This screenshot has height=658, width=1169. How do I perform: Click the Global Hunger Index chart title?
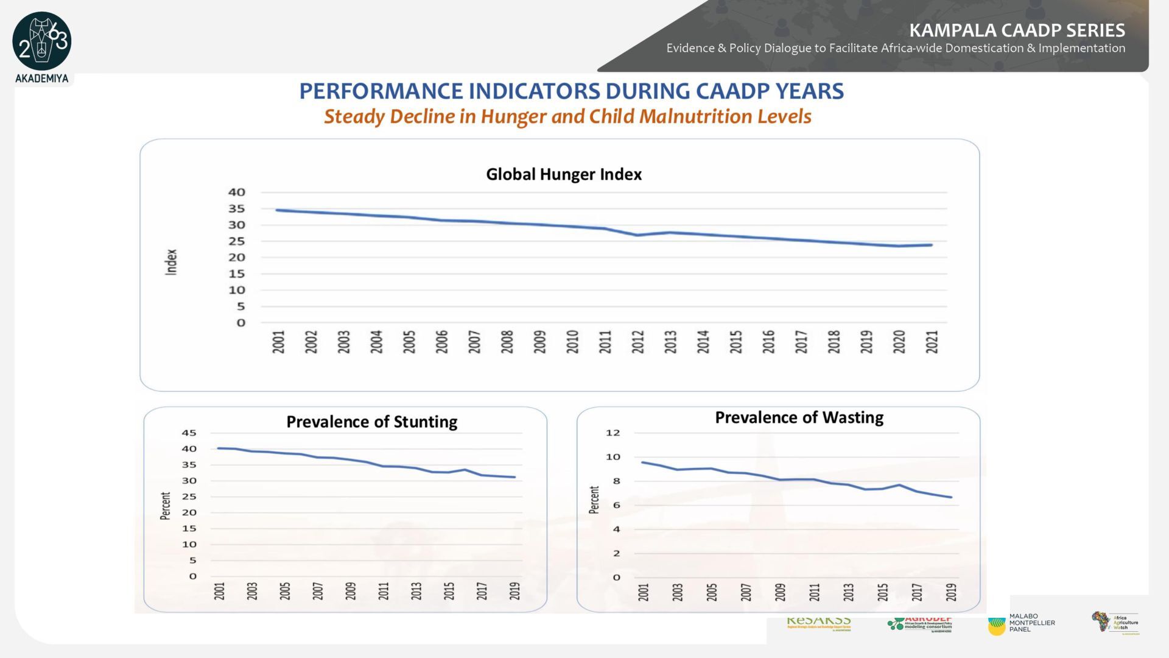[563, 174]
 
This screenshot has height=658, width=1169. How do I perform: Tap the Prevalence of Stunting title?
[371, 422]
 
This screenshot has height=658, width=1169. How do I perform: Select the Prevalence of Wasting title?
[799, 417]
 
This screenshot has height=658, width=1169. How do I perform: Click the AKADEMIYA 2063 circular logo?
[42, 41]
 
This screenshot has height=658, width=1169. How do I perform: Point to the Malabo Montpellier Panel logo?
[1021, 623]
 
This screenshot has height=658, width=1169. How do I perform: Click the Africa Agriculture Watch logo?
[1114, 622]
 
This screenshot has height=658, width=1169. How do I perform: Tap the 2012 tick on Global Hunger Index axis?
[637, 342]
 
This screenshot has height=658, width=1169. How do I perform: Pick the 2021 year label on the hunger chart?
[932, 342]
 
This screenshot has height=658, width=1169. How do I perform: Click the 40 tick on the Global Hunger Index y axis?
[237, 192]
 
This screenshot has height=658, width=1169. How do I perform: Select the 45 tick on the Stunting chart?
[189, 433]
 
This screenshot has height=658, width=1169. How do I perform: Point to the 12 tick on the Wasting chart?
[613, 433]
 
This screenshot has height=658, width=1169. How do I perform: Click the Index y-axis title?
[171, 262]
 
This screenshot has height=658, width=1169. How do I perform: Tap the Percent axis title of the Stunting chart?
[165, 506]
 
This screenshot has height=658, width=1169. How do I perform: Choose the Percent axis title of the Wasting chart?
[594, 500]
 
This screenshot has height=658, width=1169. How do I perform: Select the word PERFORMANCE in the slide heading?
[381, 91]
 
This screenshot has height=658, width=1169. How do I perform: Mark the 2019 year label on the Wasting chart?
[951, 592]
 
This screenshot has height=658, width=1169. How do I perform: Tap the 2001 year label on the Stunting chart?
[220, 591]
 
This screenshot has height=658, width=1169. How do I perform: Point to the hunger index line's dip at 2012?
[637, 235]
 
